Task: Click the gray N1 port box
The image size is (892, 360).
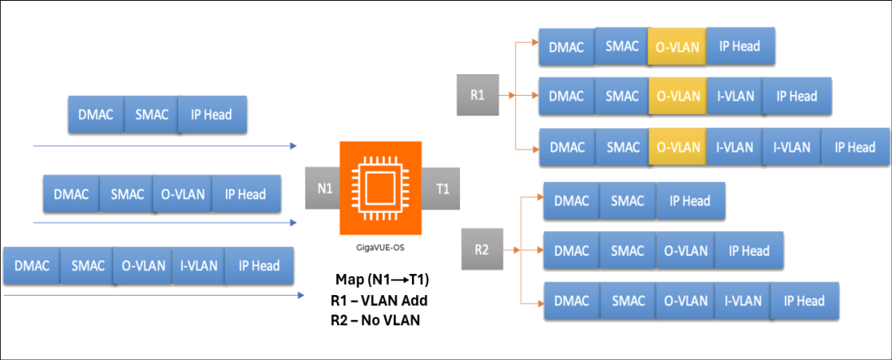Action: [x=323, y=189]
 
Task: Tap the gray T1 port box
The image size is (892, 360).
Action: [x=442, y=189]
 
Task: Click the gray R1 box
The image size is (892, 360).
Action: [x=478, y=95]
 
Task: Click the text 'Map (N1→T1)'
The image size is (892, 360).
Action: [x=382, y=280]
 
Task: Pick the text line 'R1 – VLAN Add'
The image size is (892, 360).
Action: [x=379, y=300]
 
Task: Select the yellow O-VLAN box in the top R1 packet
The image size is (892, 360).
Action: [x=677, y=46]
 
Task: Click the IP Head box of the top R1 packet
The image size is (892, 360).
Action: [x=739, y=46]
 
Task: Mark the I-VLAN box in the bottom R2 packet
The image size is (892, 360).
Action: [x=743, y=301]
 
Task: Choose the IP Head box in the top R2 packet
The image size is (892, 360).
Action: [x=690, y=201]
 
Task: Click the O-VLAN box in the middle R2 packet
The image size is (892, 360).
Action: [x=685, y=250]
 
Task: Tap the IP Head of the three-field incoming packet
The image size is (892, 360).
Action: [x=211, y=115]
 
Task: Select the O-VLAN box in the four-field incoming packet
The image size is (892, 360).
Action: [x=181, y=194]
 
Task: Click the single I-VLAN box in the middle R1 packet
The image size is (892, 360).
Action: [x=734, y=96]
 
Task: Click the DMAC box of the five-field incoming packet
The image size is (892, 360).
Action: [x=32, y=266]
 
